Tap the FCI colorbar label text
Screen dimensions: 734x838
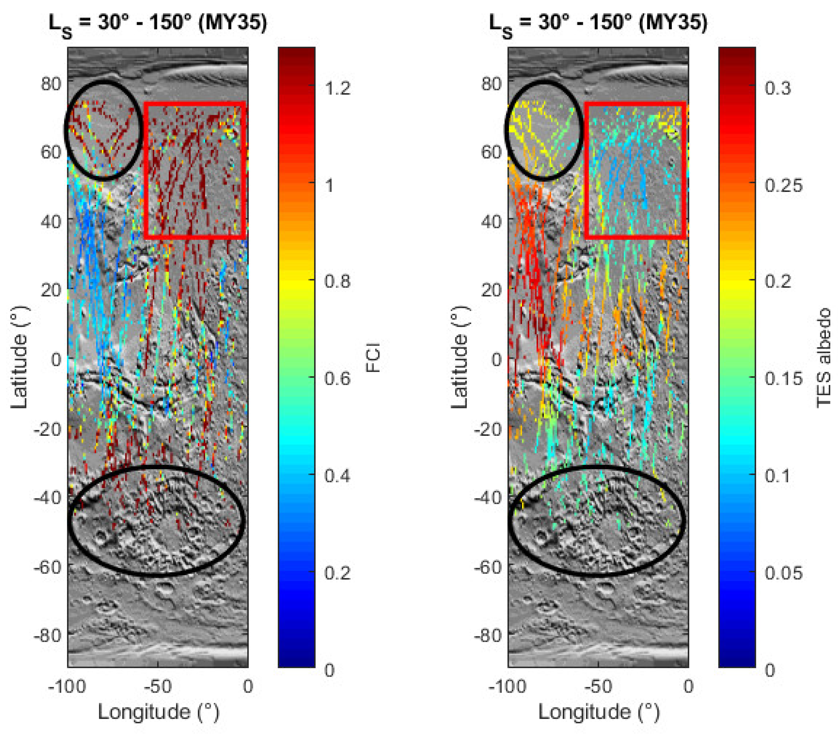[373, 357]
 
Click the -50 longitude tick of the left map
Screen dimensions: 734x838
[157, 686]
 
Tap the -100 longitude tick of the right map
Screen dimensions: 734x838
[507, 686]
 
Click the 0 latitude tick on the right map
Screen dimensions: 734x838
[496, 360]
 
